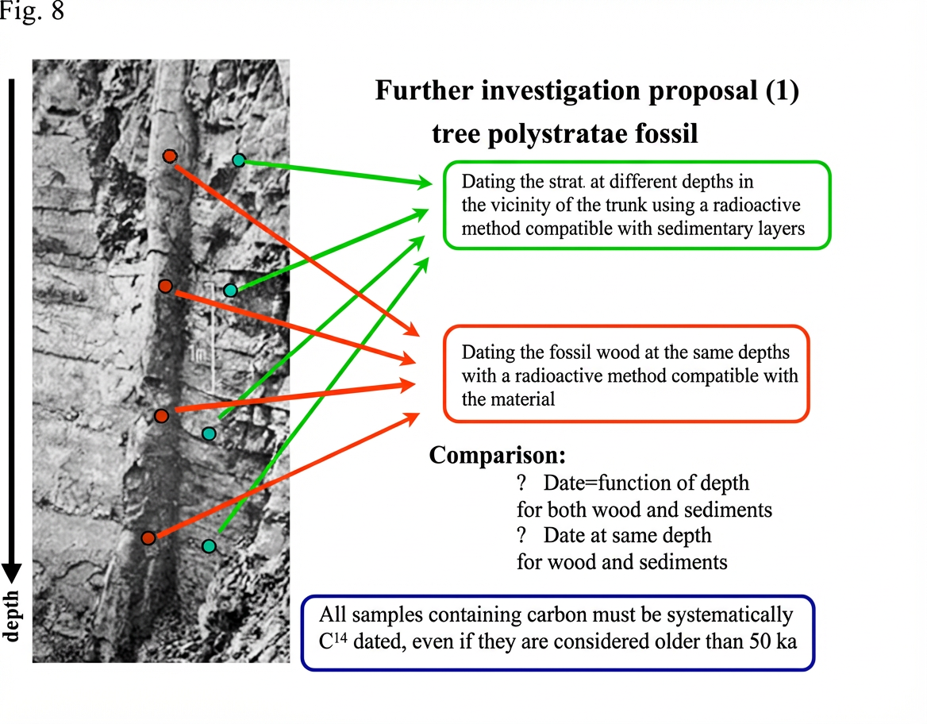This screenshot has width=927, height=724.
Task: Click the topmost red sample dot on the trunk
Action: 169,156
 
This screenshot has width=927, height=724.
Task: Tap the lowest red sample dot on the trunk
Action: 148,538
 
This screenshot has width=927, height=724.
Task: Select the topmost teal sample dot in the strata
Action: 239,160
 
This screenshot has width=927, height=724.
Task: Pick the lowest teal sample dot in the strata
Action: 209,546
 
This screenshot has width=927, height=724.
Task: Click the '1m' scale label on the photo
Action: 199,354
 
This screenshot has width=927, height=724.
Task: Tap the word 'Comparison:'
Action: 498,456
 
